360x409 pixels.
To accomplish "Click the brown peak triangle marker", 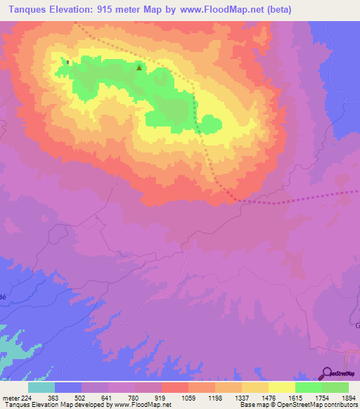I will click(139, 68).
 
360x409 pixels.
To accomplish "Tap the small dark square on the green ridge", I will click(67, 62).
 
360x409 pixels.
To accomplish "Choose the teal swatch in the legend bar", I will click(41, 387).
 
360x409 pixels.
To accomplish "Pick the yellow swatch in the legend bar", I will click(282, 387).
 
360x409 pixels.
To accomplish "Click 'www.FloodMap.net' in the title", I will click(213, 10).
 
